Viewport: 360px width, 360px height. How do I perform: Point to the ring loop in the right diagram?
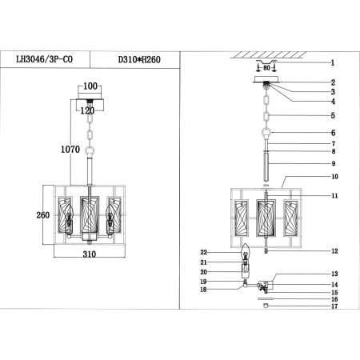[266, 134]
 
